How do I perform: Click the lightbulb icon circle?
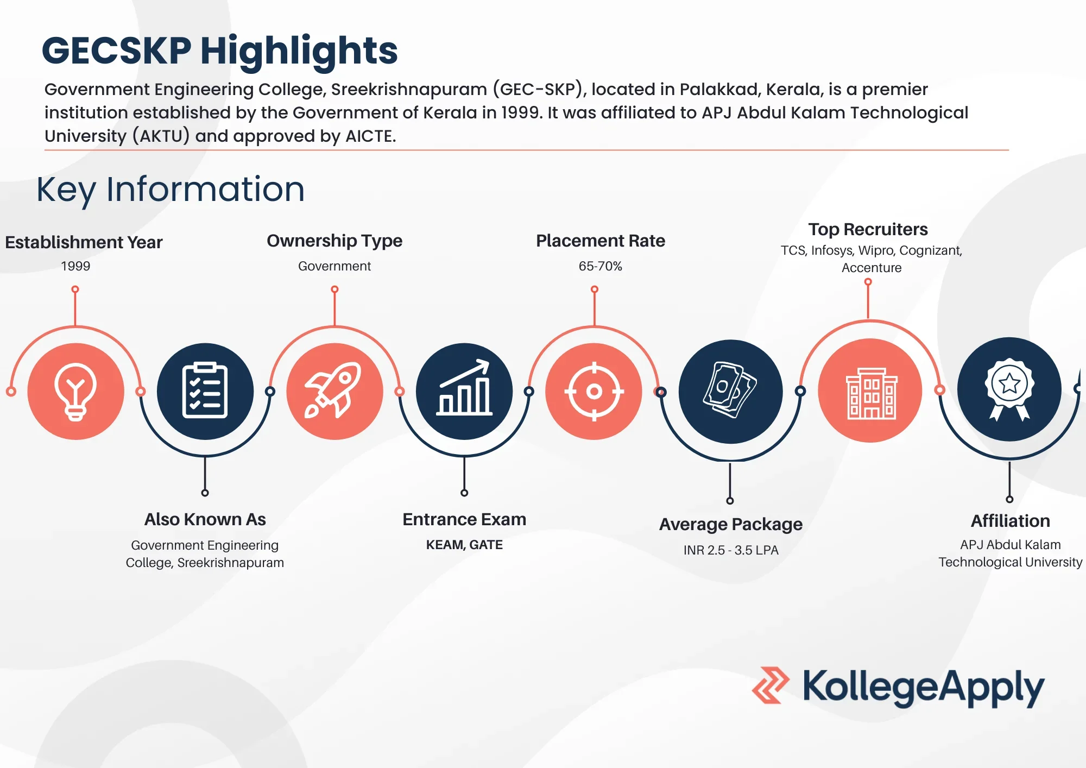(x=75, y=391)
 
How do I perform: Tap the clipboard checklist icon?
(x=205, y=391)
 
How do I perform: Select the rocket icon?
(x=333, y=390)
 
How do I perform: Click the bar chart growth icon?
(x=464, y=388)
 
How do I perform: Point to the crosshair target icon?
(x=594, y=391)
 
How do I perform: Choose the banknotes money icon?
(x=730, y=390)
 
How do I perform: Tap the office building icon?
(x=871, y=393)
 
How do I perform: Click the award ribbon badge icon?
(x=1009, y=389)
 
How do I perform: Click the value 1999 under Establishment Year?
(x=75, y=266)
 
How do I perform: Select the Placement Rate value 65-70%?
(x=600, y=266)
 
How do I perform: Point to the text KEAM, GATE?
(x=464, y=545)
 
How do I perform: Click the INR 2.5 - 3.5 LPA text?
(x=731, y=550)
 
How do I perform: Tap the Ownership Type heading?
(x=334, y=241)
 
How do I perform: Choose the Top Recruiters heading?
(x=868, y=229)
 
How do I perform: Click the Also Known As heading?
(x=205, y=519)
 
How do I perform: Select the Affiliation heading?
(x=1010, y=521)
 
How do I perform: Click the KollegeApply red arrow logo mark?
(x=771, y=685)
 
